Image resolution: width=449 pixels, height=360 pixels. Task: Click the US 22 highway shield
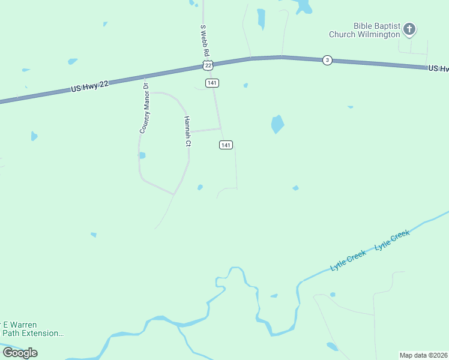(x=208, y=64)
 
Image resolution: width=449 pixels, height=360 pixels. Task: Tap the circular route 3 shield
(x=327, y=60)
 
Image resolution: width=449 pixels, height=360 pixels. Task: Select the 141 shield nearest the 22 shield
(x=211, y=83)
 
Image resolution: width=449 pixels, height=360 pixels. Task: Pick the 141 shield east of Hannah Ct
(x=226, y=145)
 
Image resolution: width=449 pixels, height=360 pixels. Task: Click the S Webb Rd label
(x=203, y=40)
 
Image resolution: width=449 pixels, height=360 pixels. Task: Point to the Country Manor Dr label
(x=144, y=109)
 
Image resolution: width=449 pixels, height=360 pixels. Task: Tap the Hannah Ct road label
(x=187, y=131)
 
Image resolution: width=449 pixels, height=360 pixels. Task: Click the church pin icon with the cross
(x=409, y=28)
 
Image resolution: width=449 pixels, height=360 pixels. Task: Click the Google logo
(x=20, y=352)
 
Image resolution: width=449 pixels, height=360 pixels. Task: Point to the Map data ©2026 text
(x=424, y=355)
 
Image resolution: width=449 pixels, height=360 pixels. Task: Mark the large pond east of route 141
(x=277, y=124)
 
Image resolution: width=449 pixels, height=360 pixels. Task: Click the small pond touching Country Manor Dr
(x=142, y=155)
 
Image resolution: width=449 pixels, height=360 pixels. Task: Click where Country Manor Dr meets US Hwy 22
(x=145, y=77)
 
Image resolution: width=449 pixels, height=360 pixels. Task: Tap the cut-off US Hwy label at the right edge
(x=438, y=69)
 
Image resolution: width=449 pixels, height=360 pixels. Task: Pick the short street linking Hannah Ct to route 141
(x=205, y=130)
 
